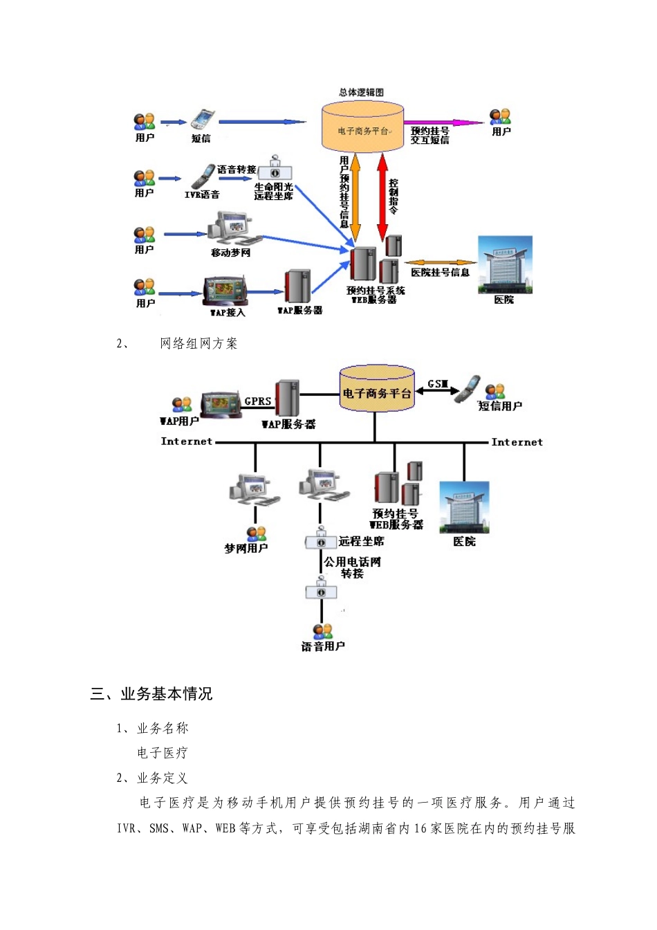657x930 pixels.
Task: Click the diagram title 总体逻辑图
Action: click(x=361, y=92)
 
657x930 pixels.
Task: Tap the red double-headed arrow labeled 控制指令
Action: click(x=382, y=197)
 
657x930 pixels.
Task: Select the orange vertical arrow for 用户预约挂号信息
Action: click(x=355, y=197)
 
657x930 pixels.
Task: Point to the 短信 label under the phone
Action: click(x=201, y=138)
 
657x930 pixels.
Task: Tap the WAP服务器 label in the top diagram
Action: click(x=300, y=311)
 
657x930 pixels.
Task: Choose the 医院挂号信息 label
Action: click(x=440, y=273)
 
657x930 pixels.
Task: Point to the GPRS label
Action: click(x=257, y=401)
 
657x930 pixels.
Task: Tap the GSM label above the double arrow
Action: click(x=438, y=384)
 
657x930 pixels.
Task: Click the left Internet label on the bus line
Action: click(x=186, y=441)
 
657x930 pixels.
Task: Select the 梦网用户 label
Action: click(x=246, y=549)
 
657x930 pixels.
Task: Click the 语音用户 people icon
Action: click(x=322, y=631)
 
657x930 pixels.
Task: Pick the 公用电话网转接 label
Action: click(x=352, y=567)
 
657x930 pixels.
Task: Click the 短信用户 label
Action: click(x=500, y=406)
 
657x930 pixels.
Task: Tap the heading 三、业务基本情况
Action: click(x=151, y=694)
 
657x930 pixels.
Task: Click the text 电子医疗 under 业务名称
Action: click(x=162, y=753)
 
